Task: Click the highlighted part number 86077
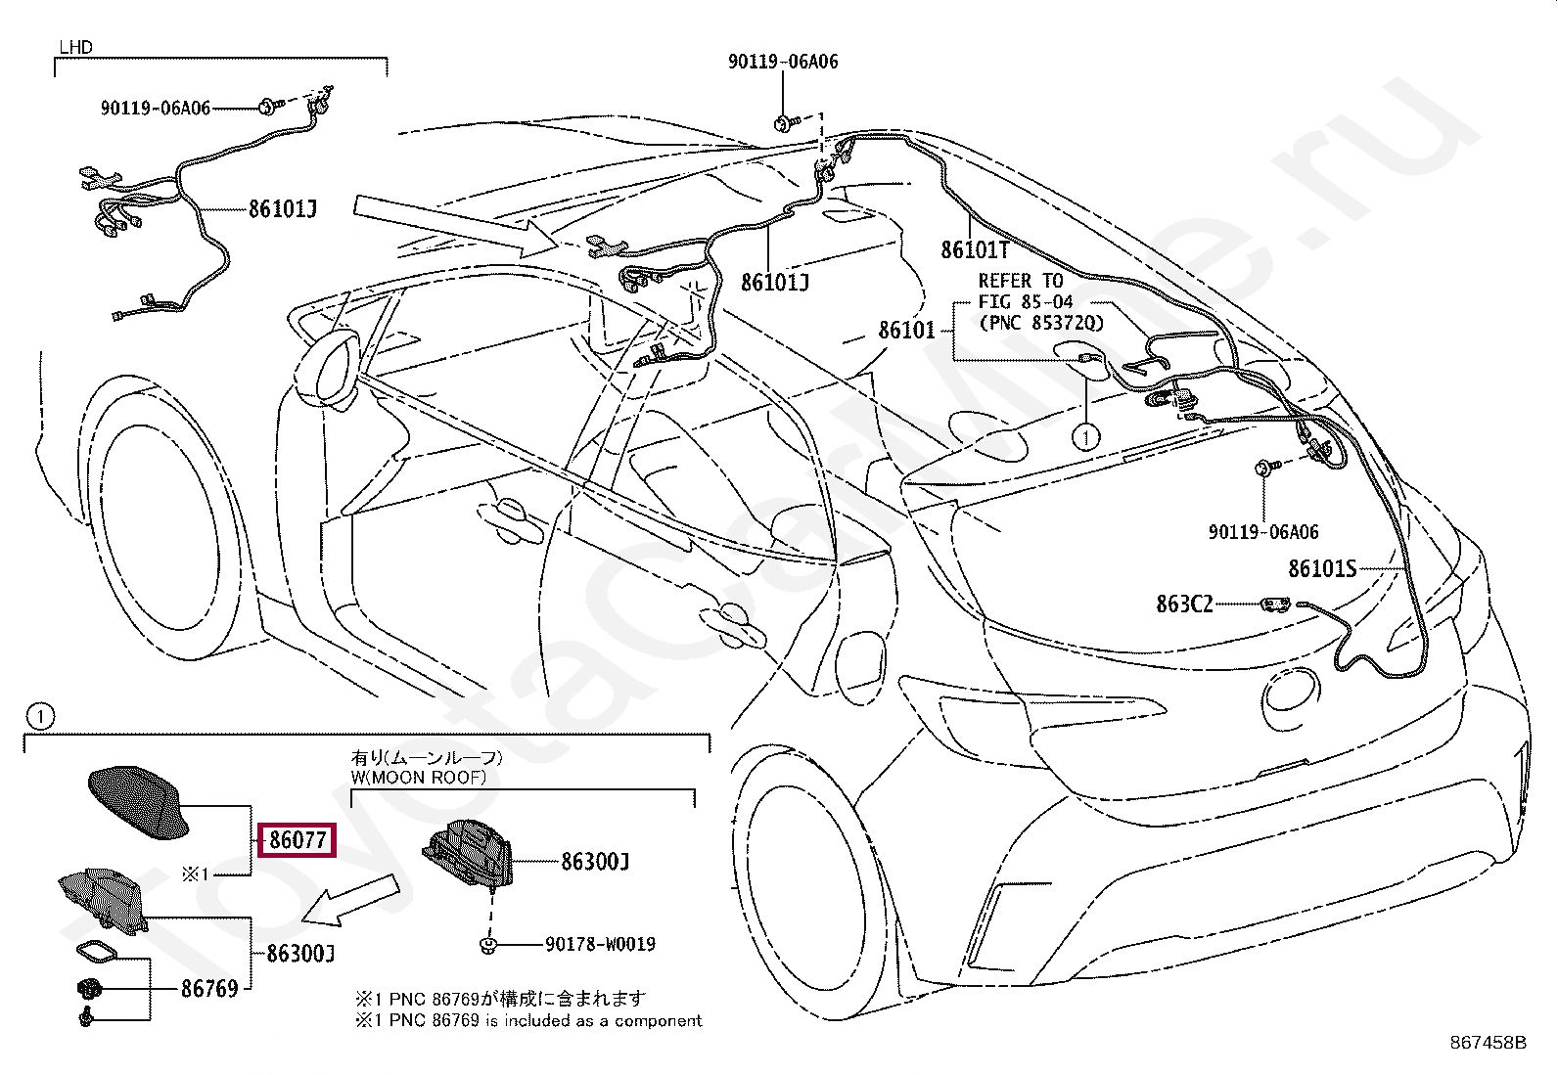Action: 298,840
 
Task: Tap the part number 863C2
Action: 1184,605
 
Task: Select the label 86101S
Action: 1322,568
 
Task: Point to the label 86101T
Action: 975,250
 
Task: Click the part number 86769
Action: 209,989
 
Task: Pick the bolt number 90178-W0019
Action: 600,945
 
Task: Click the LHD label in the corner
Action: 76,47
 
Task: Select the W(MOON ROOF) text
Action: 418,778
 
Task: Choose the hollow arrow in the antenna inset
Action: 352,900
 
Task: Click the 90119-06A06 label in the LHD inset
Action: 155,109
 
